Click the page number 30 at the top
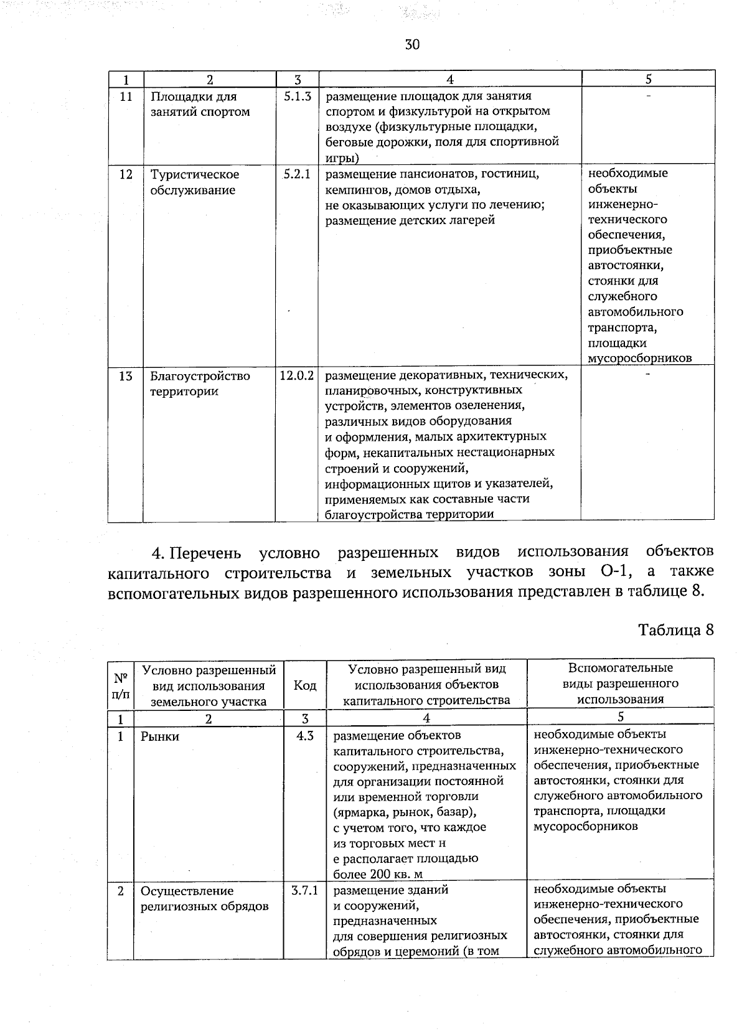pyautogui.click(x=412, y=45)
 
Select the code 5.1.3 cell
pyautogui.click(x=297, y=96)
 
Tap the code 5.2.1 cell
pyautogui.click(x=297, y=174)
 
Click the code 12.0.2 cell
pyautogui.click(x=297, y=376)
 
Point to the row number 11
pyautogui.click(x=126, y=96)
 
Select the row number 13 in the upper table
pyautogui.click(x=126, y=376)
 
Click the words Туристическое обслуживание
pyautogui.click(x=194, y=182)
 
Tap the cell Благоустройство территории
pyautogui.click(x=200, y=383)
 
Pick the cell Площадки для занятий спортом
pyautogui.click(x=200, y=104)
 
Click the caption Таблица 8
pyautogui.click(x=675, y=629)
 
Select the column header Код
pyautogui.click(x=304, y=685)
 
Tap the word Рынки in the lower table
pyautogui.click(x=160, y=736)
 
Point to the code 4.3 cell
pyautogui.click(x=304, y=736)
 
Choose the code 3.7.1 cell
pyautogui.click(x=304, y=890)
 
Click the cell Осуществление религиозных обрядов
pyautogui.click(x=204, y=898)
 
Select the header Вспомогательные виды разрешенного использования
pyautogui.click(x=620, y=684)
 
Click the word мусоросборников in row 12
pyautogui.click(x=640, y=358)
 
